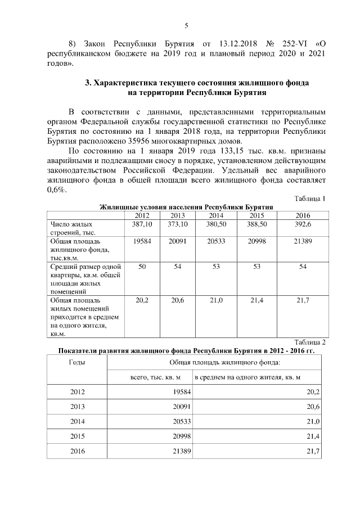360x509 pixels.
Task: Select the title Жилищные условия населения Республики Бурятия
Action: pos(186,207)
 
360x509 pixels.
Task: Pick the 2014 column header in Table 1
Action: pos(216,215)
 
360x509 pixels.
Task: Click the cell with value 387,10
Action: pos(142,224)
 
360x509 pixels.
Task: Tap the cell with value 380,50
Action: pos(216,224)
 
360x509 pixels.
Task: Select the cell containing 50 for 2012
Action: pos(142,267)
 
